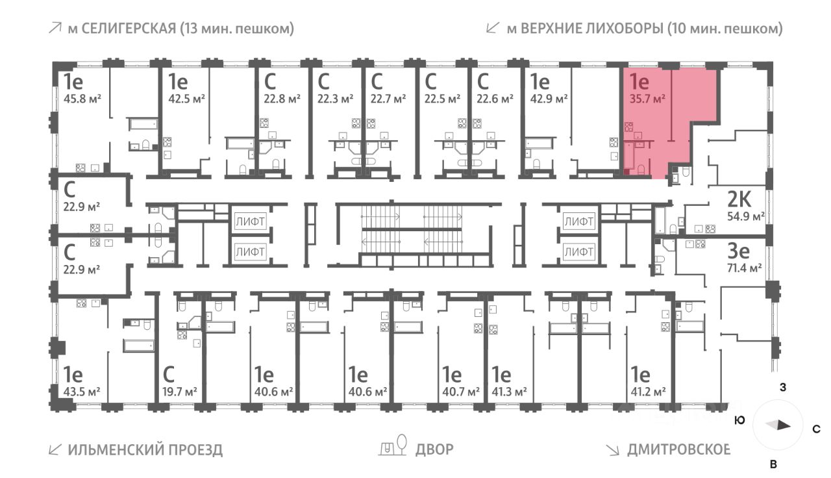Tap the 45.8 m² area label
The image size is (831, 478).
[81, 99]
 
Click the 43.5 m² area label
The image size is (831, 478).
[81, 392]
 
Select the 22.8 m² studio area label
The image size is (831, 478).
[282, 99]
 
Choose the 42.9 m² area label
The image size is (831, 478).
[549, 99]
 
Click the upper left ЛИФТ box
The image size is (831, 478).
[250, 221]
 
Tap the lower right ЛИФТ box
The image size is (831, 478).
[578, 251]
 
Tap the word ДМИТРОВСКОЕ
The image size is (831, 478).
[678, 449]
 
